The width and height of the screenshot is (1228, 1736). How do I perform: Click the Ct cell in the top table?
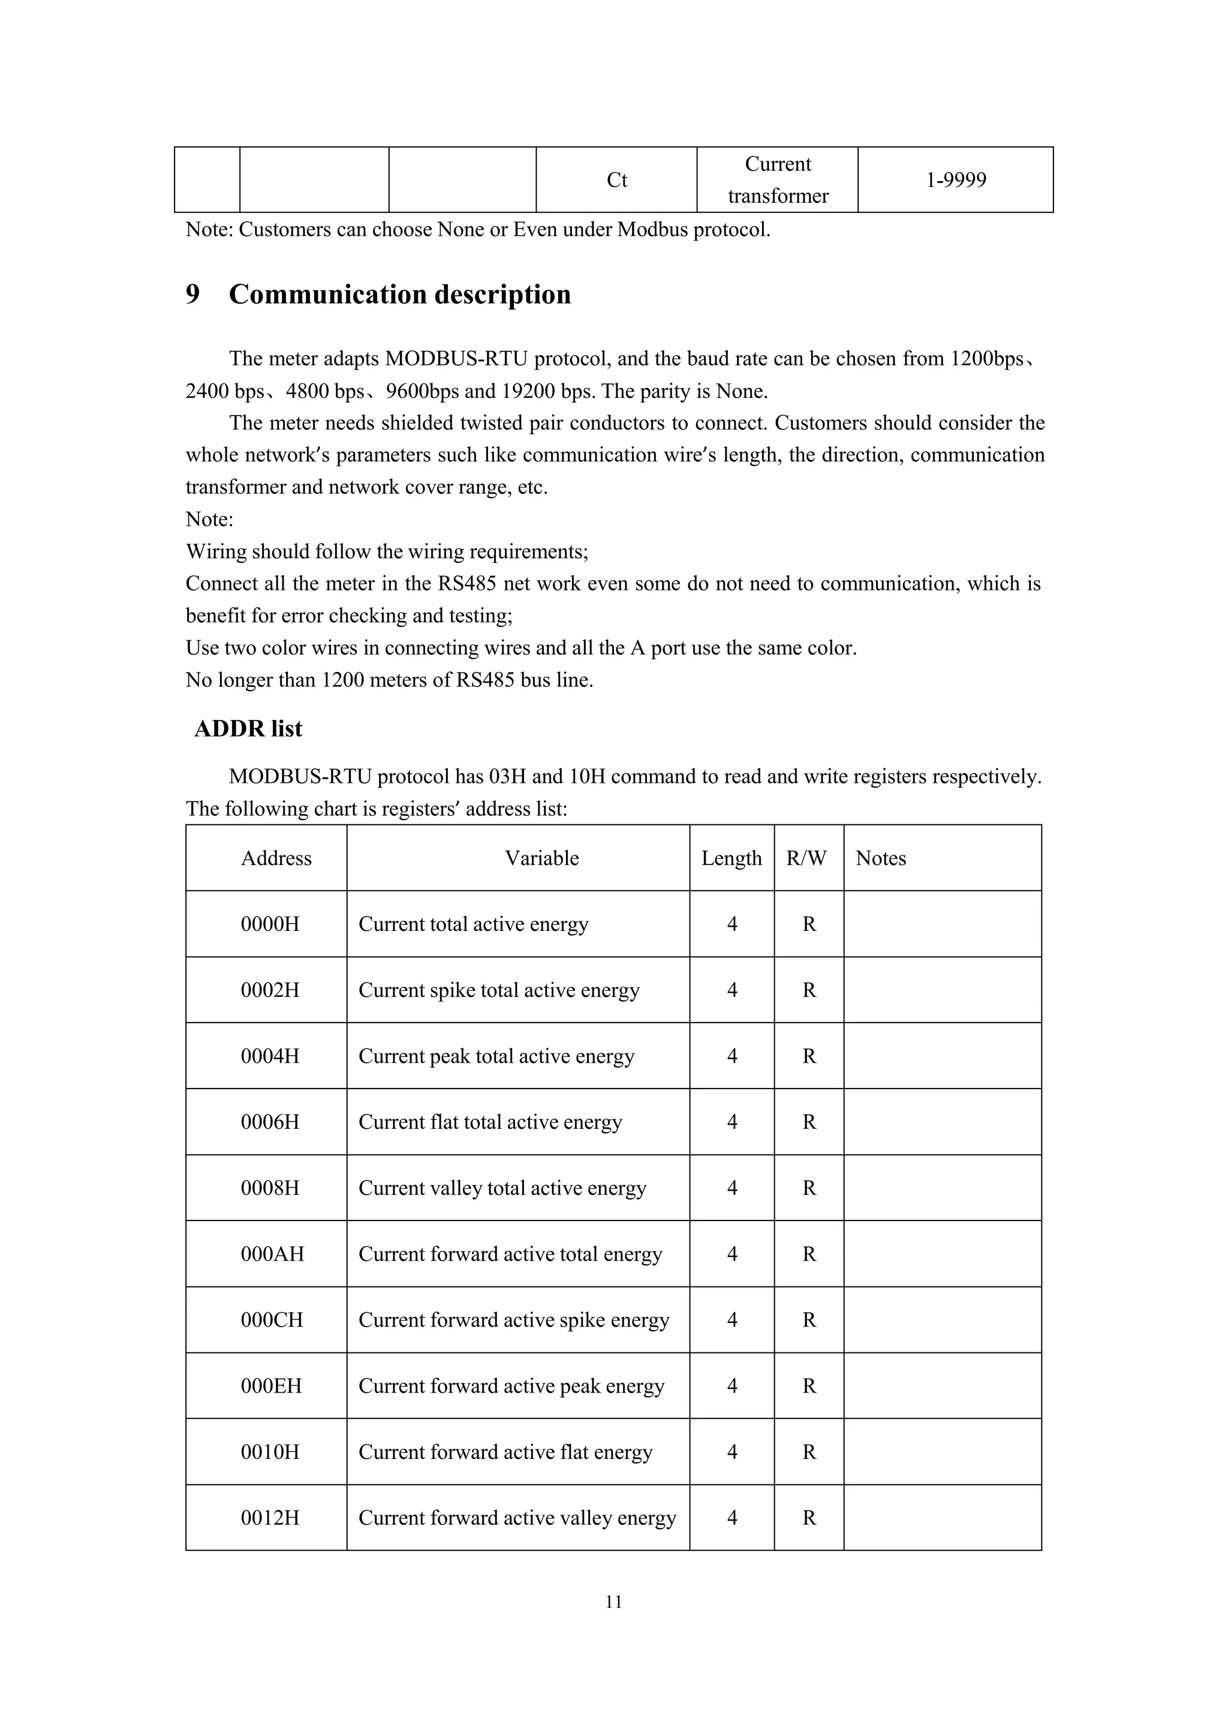tap(616, 180)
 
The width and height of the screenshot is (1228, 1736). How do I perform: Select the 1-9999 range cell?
tap(956, 180)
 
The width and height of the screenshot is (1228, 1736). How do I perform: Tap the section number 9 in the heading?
tap(193, 294)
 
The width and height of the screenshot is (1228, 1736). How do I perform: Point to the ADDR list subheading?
tap(248, 728)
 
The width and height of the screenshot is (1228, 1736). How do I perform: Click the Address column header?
tap(276, 858)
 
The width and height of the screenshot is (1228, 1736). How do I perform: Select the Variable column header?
tap(541, 858)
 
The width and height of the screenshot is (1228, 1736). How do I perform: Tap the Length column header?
tap(731, 858)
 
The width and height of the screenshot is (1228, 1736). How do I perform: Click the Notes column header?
tap(881, 858)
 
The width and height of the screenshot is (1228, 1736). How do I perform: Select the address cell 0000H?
tap(270, 924)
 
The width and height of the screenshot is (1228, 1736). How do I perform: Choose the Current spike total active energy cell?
tap(499, 990)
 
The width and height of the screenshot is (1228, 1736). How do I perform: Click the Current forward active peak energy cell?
tap(511, 1386)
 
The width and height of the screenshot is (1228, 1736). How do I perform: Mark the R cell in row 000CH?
tap(809, 1319)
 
